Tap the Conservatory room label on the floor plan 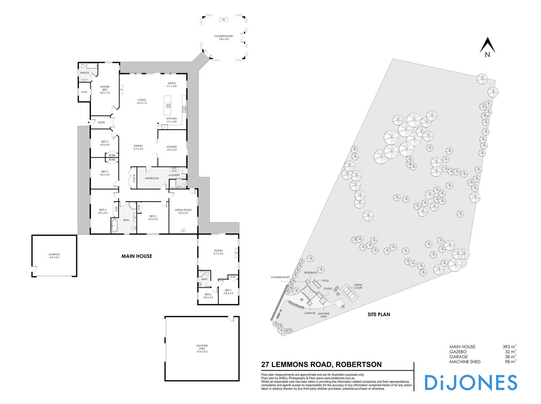click(223, 37)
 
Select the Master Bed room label click(105, 89)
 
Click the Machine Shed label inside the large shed click(202, 348)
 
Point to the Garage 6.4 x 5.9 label click(54, 256)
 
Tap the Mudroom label click(152, 178)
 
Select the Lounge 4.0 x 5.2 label click(172, 148)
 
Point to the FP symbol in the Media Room click(183, 230)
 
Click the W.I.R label click(84, 92)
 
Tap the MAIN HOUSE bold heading click(137, 256)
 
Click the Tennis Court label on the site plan click(358, 286)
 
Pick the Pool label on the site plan click(325, 280)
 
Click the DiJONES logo click(470, 382)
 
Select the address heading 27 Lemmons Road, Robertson click(321, 364)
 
